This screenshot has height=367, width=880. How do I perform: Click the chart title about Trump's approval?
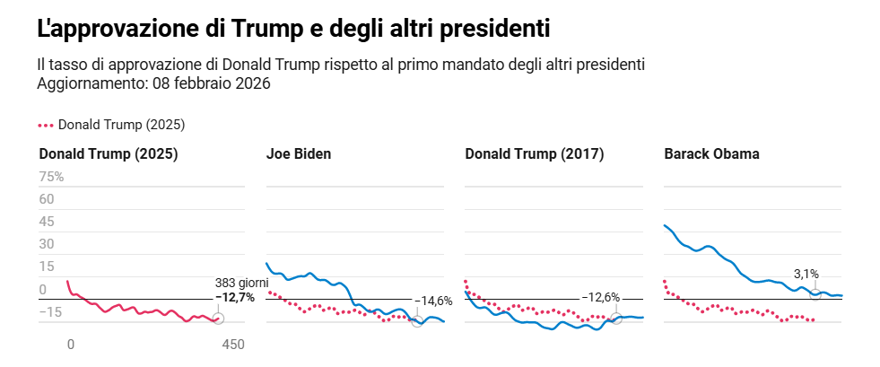click(x=292, y=29)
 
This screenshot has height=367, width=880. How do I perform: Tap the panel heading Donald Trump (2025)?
click(x=108, y=153)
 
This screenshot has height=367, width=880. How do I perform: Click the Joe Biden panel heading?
click(x=299, y=153)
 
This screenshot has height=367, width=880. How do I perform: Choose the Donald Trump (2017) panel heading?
click(x=535, y=153)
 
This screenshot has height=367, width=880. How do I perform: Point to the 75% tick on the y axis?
click(x=51, y=176)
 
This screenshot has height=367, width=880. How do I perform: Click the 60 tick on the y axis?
click(x=48, y=198)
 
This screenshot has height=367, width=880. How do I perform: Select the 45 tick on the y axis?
click(x=48, y=221)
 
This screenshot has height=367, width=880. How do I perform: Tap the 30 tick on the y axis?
click(x=48, y=244)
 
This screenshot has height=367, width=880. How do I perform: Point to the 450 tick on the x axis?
click(x=233, y=344)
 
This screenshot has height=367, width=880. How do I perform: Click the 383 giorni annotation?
click(x=241, y=282)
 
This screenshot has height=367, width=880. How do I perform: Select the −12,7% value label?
click(x=235, y=296)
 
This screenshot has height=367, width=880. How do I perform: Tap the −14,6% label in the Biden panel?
click(x=432, y=301)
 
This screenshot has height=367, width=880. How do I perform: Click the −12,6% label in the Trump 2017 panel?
click(x=600, y=297)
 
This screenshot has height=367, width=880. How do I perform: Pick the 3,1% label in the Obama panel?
click(x=806, y=274)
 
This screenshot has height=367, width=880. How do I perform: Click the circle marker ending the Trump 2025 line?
click(x=218, y=319)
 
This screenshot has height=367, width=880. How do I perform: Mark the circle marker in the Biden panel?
click(x=417, y=320)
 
